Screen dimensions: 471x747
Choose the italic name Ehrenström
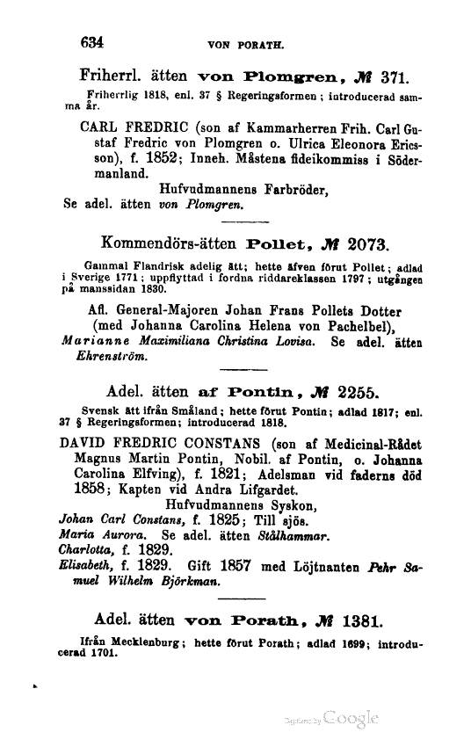(x=103, y=357)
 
